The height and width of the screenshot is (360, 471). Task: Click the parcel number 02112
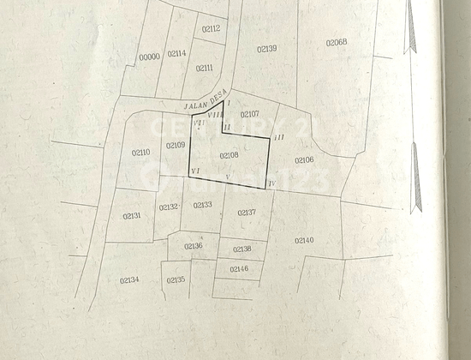pyautogui.click(x=211, y=29)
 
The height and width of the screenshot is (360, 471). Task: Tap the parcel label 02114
pyautogui.click(x=176, y=53)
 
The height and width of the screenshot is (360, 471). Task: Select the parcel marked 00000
pyautogui.click(x=149, y=57)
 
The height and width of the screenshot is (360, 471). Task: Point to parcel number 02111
pyautogui.click(x=204, y=68)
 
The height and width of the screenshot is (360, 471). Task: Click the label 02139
pyautogui.click(x=266, y=49)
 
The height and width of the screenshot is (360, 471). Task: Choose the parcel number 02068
pyautogui.click(x=336, y=41)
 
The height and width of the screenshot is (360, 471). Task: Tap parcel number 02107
pyautogui.click(x=249, y=113)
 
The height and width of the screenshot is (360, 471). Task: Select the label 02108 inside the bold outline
pyautogui.click(x=229, y=155)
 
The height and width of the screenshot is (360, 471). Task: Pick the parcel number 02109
pyautogui.click(x=175, y=145)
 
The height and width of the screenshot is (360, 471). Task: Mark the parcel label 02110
pyautogui.click(x=140, y=153)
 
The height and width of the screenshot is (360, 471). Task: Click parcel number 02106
pyautogui.click(x=303, y=160)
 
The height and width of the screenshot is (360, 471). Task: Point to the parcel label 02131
pyautogui.click(x=131, y=215)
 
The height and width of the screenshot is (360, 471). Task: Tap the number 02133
pyautogui.click(x=202, y=205)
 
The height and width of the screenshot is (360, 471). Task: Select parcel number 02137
pyautogui.click(x=246, y=212)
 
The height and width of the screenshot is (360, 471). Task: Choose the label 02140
pyautogui.click(x=303, y=240)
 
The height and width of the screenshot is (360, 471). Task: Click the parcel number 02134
pyautogui.click(x=129, y=279)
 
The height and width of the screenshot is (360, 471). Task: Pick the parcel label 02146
pyautogui.click(x=239, y=269)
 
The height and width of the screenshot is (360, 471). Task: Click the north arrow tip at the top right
pyautogui.click(x=410, y=17)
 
